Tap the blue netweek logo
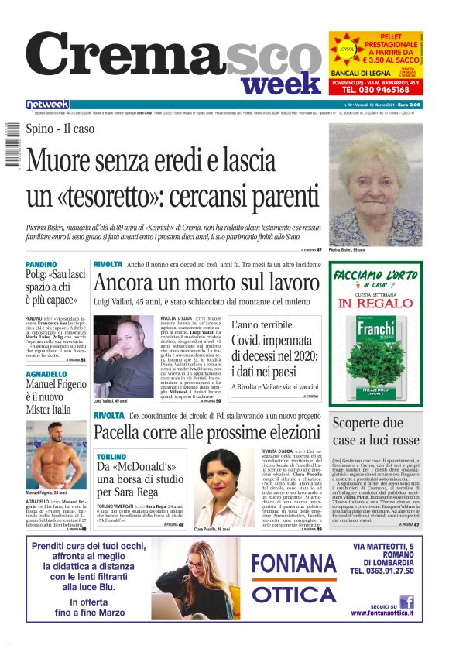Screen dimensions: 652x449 pyautogui.click(x=47, y=105)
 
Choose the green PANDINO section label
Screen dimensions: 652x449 pyautogui.click(x=40, y=265)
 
